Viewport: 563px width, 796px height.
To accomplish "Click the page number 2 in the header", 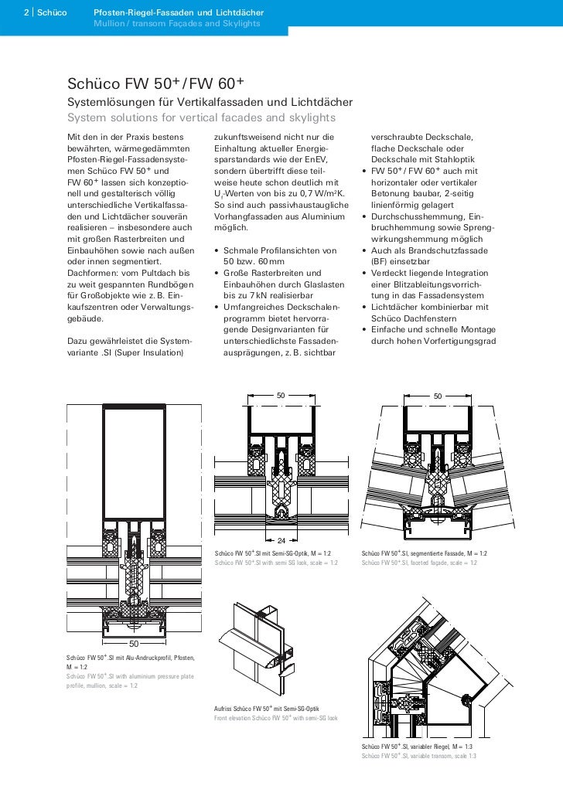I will (x=26, y=14).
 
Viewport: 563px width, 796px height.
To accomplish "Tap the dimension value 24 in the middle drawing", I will (x=281, y=539).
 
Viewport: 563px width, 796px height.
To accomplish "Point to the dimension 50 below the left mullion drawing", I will (x=133, y=643).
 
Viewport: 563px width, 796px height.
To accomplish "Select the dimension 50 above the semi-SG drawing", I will (x=281, y=396).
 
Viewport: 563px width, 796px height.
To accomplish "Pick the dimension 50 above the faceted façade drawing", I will (x=438, y=396).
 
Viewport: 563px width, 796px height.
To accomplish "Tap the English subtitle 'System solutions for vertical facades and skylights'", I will (x=202, y=118).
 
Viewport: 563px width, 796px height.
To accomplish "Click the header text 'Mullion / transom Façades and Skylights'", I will (x=177, y=24).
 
